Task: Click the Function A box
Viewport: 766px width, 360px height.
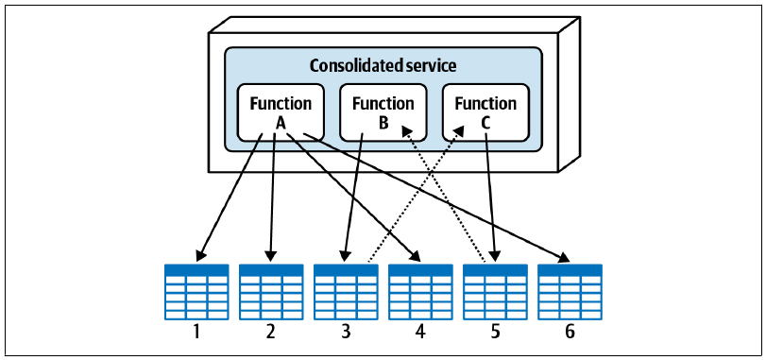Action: point(281,112)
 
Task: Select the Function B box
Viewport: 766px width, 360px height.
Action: point(383,112)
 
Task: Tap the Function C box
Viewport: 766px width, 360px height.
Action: point(485,112)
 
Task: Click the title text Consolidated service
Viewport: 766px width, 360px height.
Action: point(383,65)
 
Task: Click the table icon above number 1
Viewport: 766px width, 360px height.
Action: point(196,292)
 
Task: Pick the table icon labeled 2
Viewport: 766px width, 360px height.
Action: point(271,292)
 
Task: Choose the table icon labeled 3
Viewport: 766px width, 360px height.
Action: point(346,292)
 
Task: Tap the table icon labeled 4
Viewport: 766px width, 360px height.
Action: point(420,292)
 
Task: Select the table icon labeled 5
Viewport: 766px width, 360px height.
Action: point(495,292)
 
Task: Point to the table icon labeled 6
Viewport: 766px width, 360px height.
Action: point(570,292)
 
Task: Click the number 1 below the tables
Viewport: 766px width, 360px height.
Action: point(196,332)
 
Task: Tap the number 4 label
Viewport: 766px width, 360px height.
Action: point(420,332)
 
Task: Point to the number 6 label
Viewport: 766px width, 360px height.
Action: point(570,332)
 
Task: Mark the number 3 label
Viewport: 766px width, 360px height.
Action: point(346,332)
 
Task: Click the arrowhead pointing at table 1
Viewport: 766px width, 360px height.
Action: point(200,255)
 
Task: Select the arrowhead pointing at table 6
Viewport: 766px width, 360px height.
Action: point(564,257)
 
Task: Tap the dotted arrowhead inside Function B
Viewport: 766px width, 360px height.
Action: point(406,129)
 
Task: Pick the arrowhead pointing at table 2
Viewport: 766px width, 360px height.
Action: point(271,256)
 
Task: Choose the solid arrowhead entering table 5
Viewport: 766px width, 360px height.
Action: point(494,256)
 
